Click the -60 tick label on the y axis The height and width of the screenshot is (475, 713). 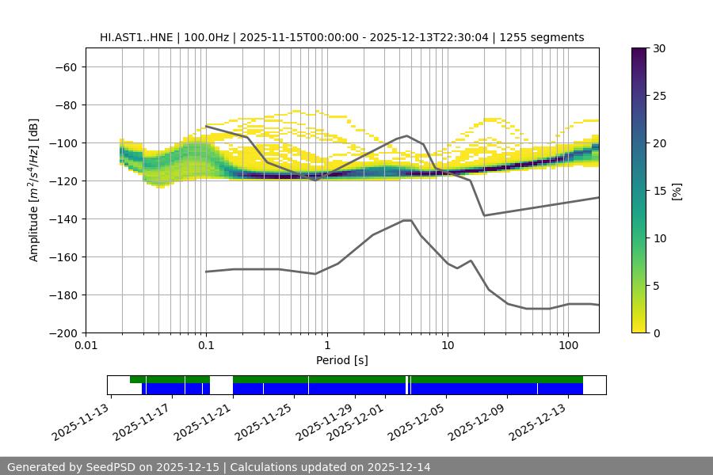pos(64,66)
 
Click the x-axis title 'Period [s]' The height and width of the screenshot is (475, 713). pos(341,360)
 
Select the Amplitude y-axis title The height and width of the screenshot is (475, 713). pos(34,190)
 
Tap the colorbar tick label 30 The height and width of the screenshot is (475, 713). pos(658,48)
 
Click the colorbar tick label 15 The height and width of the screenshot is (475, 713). pos(658,191)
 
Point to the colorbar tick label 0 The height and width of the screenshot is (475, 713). pos(656,332)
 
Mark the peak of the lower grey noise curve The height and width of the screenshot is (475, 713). pos(407,220)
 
